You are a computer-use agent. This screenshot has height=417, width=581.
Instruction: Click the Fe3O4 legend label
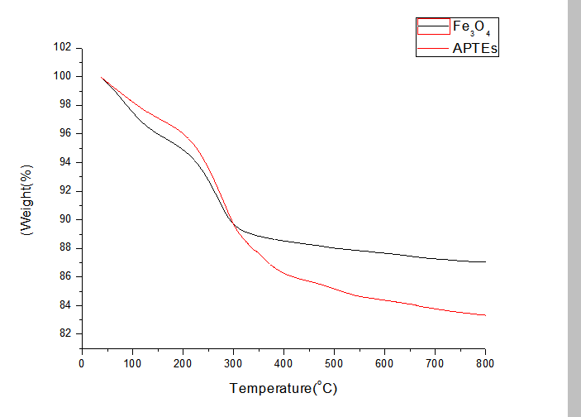tap(473, 28)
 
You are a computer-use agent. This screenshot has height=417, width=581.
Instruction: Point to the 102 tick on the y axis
tap(61, 47)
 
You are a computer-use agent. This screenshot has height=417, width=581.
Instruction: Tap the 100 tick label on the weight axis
tap(61, 76)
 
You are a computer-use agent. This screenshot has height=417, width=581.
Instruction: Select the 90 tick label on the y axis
tap(64, 219)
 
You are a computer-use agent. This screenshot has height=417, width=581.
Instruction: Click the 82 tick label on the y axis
tap(64, 333)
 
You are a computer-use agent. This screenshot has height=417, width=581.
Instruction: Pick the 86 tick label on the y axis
tap(64, 276)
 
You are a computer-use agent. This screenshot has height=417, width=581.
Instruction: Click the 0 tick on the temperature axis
tap(82, 363)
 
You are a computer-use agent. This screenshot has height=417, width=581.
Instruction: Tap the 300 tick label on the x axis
tap(233, 363)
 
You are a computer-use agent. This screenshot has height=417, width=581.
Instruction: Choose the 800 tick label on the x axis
tap(486, 363)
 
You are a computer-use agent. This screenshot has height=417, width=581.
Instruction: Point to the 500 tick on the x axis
tap(334, 363)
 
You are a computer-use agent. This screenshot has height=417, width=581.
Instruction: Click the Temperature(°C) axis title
tap(283, 387)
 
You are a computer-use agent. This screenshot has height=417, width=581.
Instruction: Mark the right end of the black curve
tap(485, 261)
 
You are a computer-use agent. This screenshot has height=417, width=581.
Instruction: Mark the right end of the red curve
tap(485, 315)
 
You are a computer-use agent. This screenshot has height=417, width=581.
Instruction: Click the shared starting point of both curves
tap(102, 77)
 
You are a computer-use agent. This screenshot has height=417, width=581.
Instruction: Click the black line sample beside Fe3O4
tap(433, 28)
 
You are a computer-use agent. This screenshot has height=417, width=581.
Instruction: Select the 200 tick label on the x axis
tap(183, 363)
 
